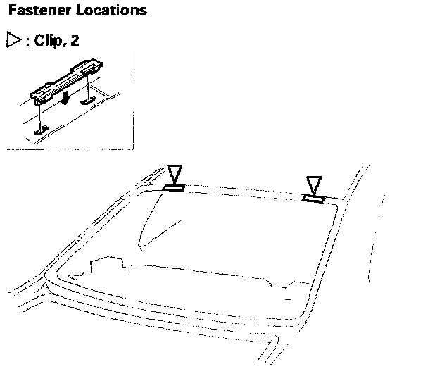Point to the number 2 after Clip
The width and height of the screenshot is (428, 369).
click(75, 40)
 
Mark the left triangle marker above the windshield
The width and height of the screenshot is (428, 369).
click(174, 174)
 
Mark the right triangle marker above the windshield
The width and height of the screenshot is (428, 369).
click(314, 185)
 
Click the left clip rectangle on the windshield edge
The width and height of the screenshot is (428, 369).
click(173, 187)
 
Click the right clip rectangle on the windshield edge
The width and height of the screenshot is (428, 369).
click(313, 199)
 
